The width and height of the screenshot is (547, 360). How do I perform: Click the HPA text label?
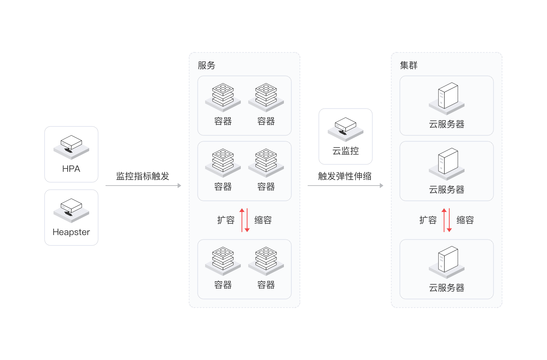[x=71, y=169]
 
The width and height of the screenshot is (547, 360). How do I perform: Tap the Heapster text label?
[x=71, y=232]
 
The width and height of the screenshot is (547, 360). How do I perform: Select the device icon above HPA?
[x=71, y=147]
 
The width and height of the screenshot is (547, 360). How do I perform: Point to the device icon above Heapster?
[x=71, y=210]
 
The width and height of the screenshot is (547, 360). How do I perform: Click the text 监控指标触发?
[x=143, y=176]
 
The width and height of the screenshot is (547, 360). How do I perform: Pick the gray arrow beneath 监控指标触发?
[x=143, y=186]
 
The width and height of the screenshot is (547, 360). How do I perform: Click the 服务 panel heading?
[x=207, y=65]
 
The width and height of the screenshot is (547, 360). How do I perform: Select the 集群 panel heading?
[x=409, y=65]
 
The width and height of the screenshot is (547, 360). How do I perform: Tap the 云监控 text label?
[x=346, y=151]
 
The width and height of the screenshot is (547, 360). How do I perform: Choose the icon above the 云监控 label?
[x=346, y=129]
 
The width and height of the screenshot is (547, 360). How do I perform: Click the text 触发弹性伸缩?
[x=345, y=176]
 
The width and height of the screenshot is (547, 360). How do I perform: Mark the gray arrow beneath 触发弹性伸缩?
[x=346, y=186]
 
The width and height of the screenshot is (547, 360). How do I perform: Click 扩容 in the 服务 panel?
[x=226, y=220]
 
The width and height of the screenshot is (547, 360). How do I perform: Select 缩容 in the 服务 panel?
[x=263, y=220]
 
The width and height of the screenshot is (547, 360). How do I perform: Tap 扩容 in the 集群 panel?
[x=428, y=220]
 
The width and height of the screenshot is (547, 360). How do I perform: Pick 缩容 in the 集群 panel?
[x=465, y=220]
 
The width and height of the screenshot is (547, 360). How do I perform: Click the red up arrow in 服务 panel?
[x=242, y=219]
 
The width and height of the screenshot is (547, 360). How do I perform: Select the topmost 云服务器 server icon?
[x=447, y=97]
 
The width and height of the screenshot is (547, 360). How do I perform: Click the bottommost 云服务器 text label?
[x=447, y=288]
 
